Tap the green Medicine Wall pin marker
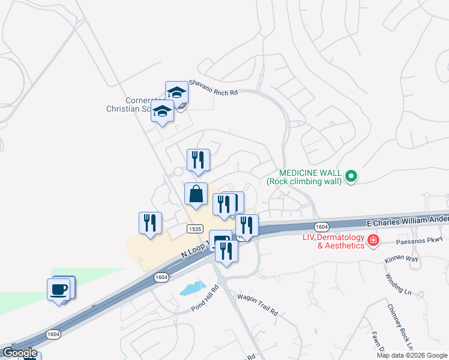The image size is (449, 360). [352, 176]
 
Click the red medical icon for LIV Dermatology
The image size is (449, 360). [373, 241]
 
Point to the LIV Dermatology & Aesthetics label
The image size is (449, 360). [333, 241]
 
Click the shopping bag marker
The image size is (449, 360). [196, 194]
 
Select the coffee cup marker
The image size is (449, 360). [59, 289]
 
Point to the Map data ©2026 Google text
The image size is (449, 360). [412, 355]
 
